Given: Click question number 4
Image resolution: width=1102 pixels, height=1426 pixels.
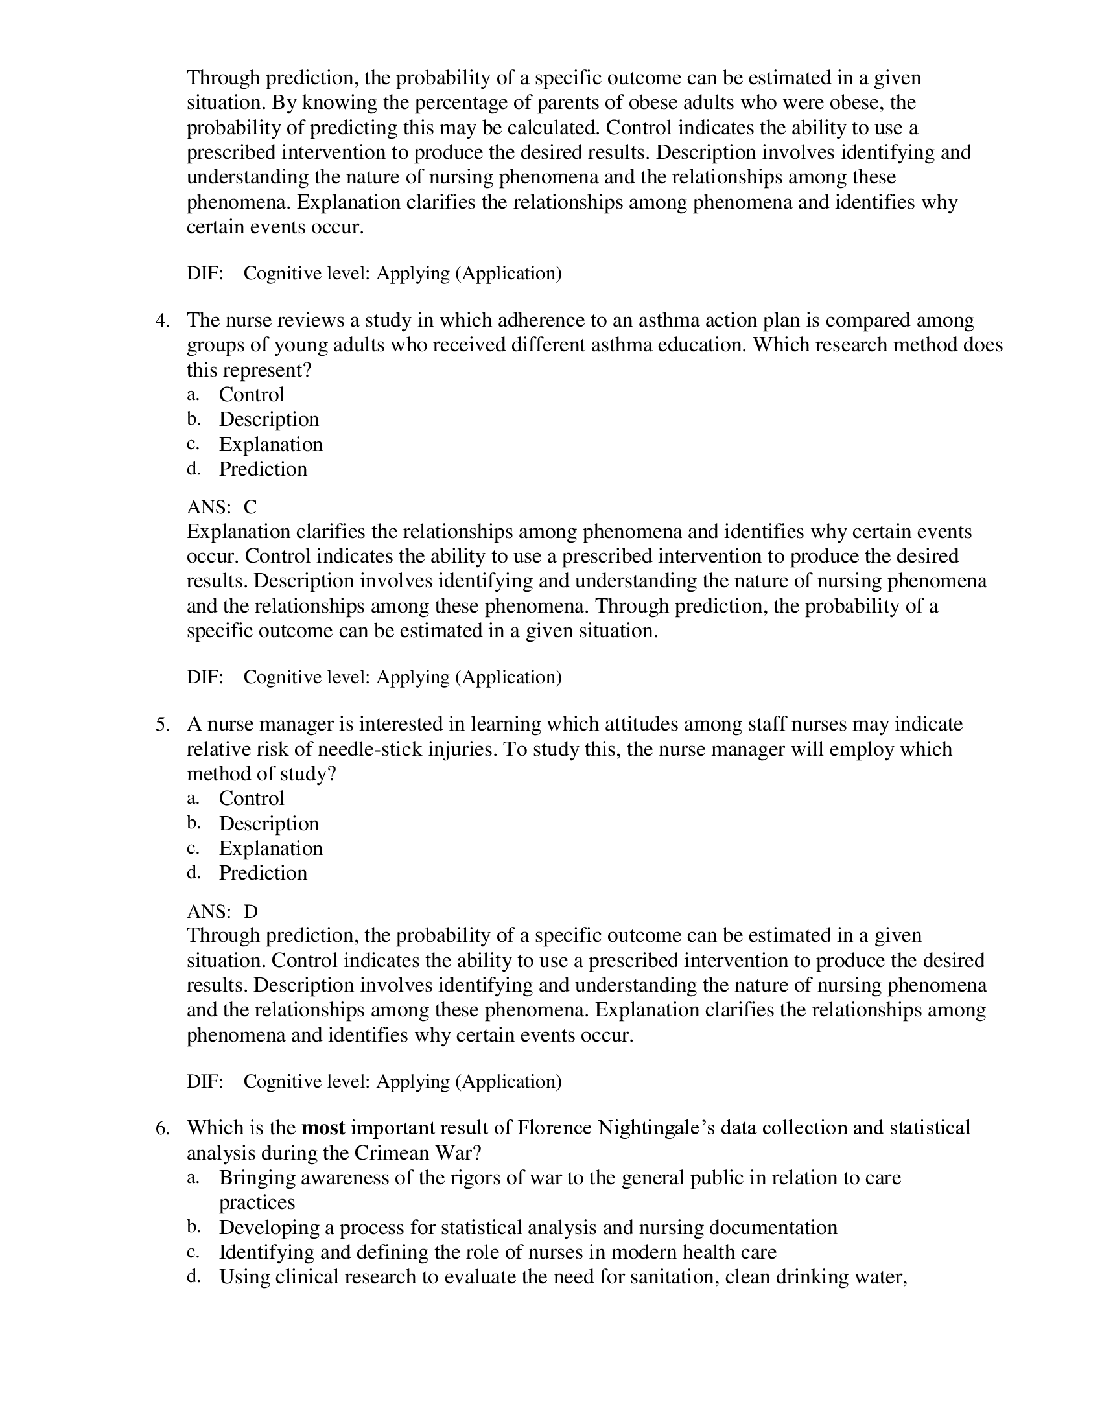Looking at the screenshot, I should coord(163,320).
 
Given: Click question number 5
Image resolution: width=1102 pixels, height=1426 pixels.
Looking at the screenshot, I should coord(163,724).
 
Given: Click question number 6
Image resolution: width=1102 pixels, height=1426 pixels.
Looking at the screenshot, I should coord(163,1128).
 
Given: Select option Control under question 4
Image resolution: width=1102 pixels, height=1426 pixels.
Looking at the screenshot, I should coord(252,394).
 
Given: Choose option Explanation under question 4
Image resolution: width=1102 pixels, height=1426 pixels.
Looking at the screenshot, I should coord(270,444).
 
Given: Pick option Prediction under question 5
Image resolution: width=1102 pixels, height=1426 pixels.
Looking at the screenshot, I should coord(263,873).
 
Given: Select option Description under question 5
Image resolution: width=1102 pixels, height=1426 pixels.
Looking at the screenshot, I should coord(268,823).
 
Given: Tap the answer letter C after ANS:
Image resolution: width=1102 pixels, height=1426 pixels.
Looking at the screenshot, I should coord(250,507).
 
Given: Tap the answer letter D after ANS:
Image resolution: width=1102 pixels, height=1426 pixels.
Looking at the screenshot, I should coord(251,911).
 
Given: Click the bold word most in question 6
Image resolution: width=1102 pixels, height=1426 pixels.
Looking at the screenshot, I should coord(323,1128).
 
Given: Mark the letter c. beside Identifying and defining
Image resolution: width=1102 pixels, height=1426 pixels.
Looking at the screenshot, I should coord(193,1252).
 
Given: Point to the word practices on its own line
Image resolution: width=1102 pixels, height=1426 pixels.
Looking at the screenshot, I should coord(257,1202).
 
